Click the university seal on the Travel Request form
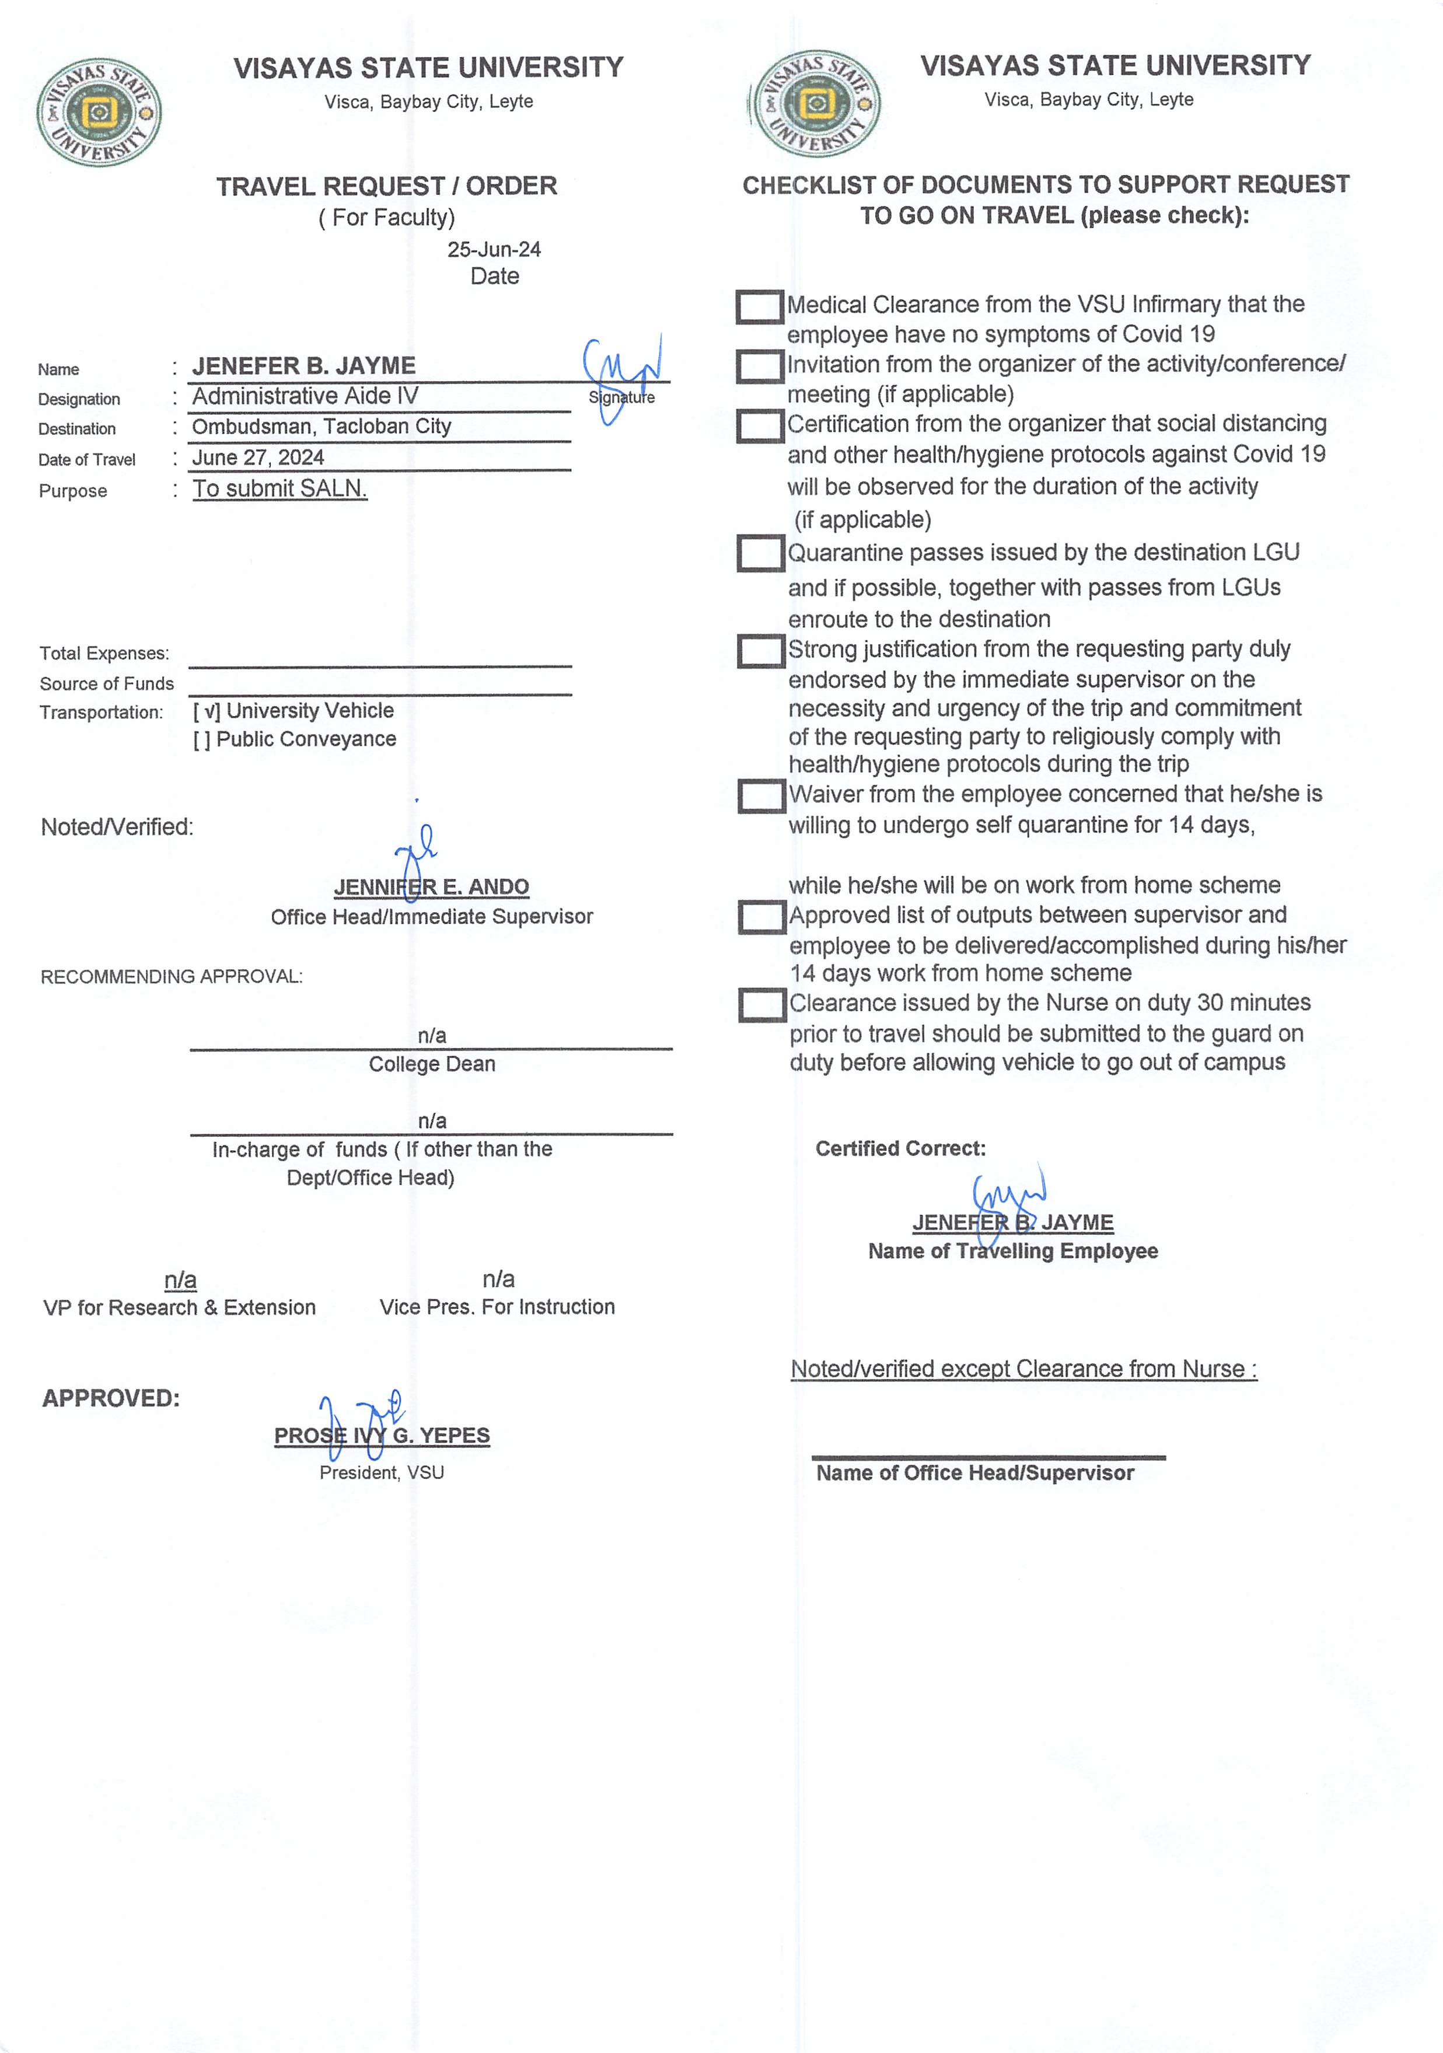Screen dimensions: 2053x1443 (99, 113)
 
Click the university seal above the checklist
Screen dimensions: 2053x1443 (815, 104)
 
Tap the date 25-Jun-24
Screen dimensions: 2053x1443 (494, 249)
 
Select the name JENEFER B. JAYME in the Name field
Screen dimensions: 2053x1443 (304, 366)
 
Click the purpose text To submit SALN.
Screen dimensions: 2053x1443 (280, 488)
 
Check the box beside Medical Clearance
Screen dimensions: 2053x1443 (759, 307)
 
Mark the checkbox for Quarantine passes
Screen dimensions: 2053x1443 (760, 553)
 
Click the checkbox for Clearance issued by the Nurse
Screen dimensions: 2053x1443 (761, 1005)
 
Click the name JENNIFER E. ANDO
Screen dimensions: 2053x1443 (431, 887)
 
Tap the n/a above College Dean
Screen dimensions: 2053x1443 (432, 1035)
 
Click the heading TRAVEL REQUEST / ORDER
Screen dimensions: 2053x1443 (386, 186)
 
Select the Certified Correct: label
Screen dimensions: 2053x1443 (900, 1149)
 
